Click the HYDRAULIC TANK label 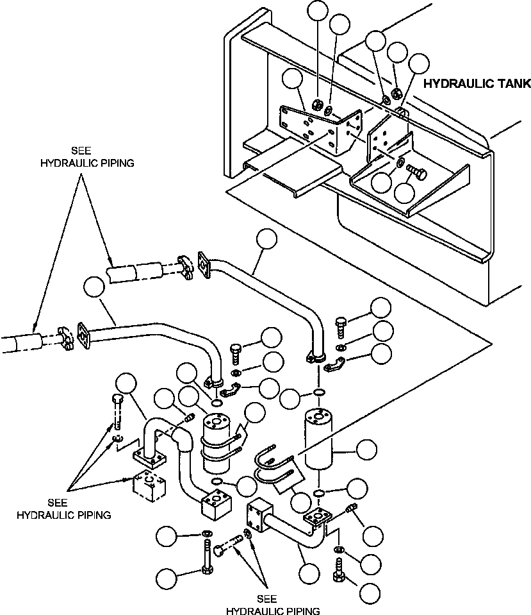click(x=477, y=83)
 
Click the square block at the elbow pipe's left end click(x=259, y=516)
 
